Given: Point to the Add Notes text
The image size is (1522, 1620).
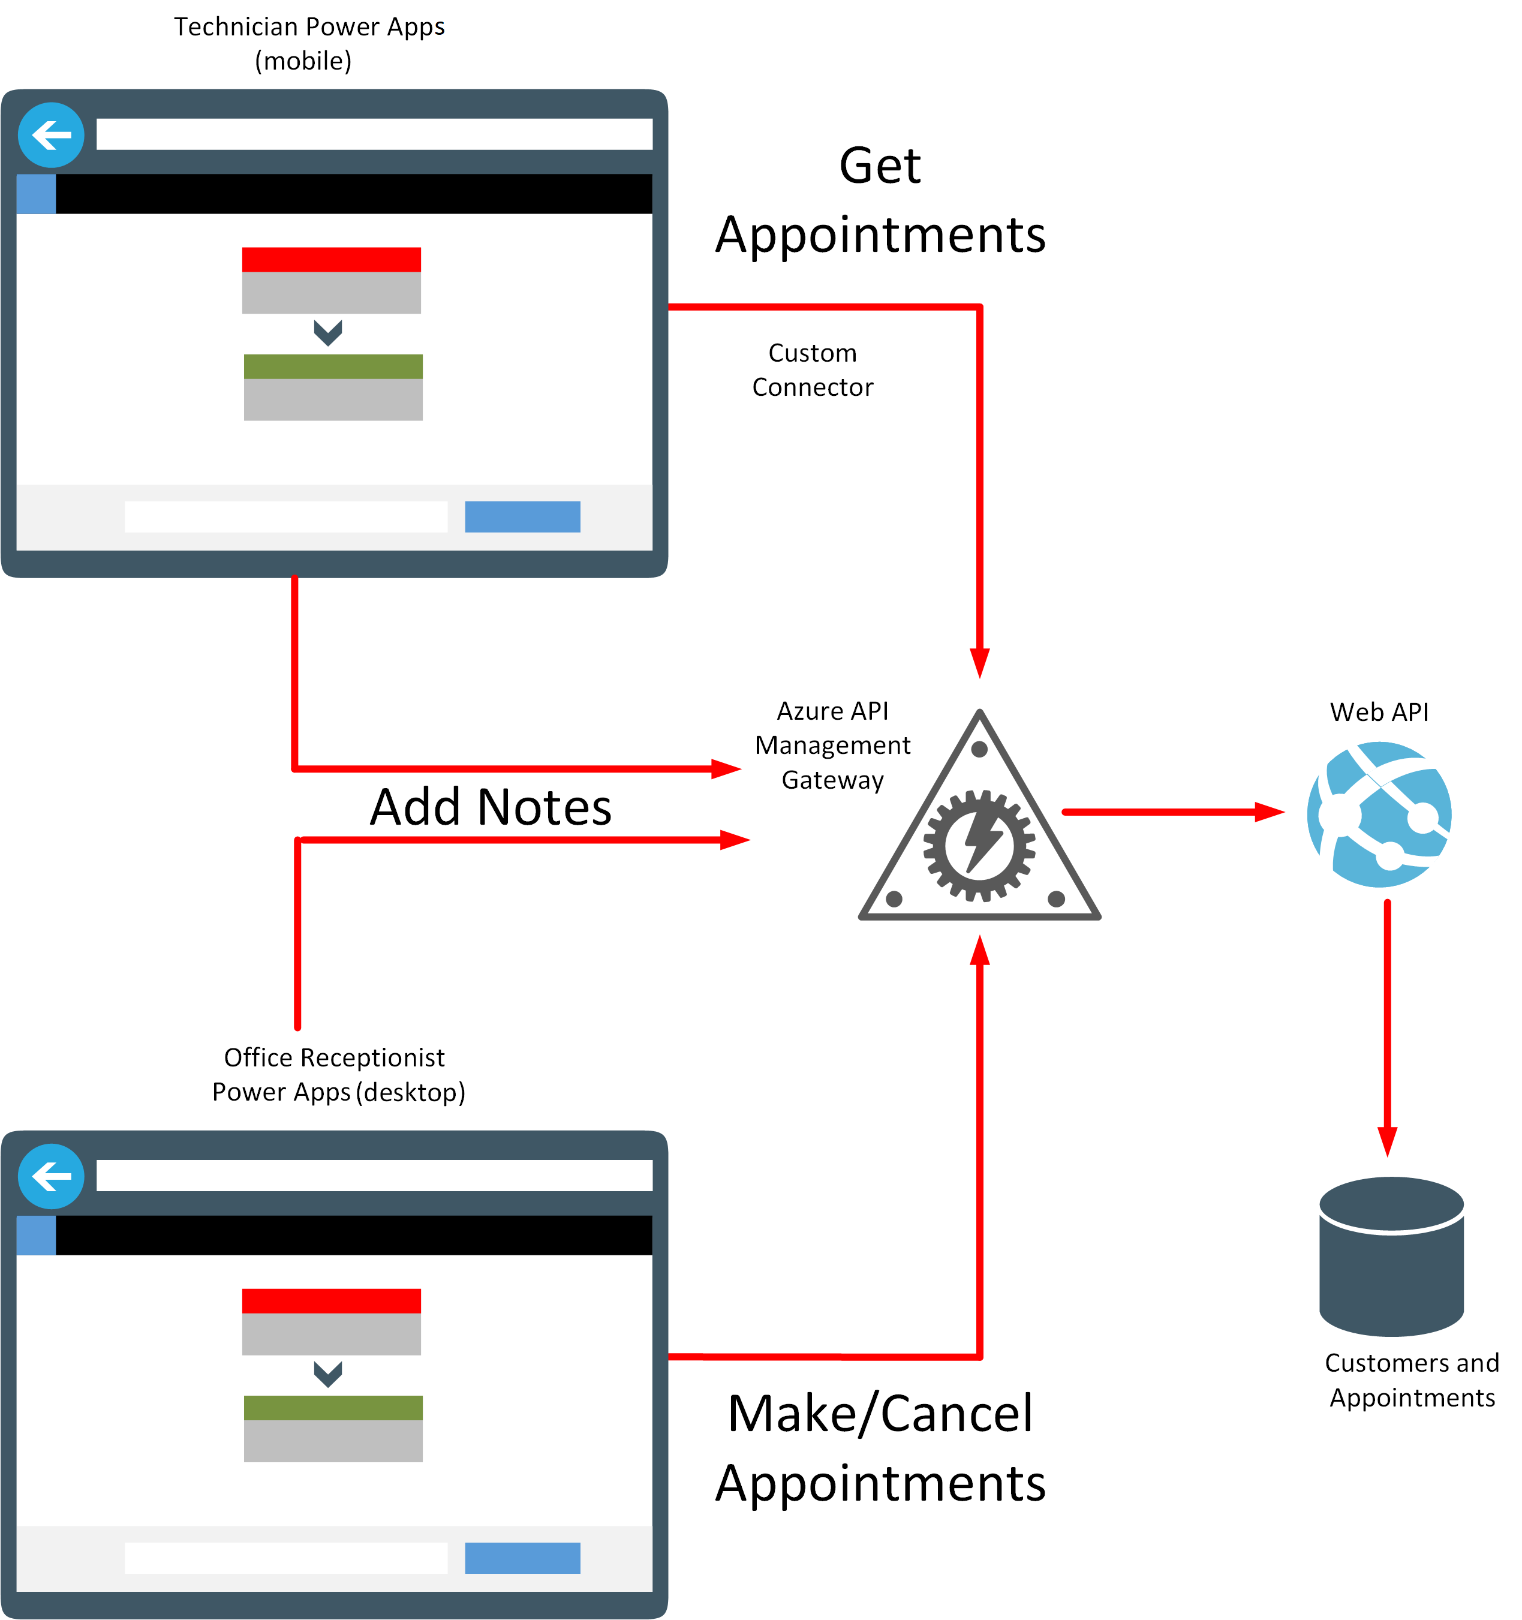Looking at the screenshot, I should coord(491,807).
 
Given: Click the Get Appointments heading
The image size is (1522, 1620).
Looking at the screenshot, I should coord(880,200).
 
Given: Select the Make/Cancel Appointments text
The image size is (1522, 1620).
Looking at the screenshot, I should coord(880,1447).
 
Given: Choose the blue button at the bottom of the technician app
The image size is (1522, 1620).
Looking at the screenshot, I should coord(522,516).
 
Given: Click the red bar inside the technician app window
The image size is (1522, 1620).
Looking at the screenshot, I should coord(331,260).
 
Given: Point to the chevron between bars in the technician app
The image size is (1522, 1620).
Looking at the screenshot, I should coord(327,332).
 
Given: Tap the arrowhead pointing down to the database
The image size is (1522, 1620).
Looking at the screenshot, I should coord(1388,1141).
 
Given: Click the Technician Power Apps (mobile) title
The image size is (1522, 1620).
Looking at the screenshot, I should coord(309,43).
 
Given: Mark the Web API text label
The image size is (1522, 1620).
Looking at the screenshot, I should coord(1379,712).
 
